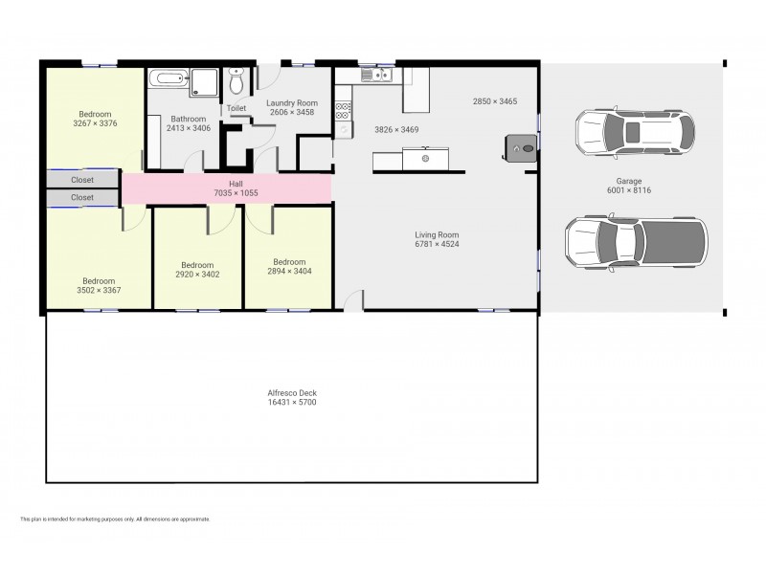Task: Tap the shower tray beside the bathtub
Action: point(204,82)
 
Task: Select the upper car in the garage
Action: point(634,132)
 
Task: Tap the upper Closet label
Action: point(82,180)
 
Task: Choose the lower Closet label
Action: point(82,198)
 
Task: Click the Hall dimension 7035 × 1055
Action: point(236,193)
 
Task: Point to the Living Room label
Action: point(437,234)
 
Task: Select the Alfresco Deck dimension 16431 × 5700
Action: point(292,403)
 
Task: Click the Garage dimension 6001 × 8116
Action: point(628,190)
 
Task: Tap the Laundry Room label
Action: point(293,102)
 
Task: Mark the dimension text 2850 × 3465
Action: point(496,101)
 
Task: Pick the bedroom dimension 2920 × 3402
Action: point(197,275)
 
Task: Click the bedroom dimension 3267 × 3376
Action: point(96,123)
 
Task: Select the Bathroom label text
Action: point(189,119)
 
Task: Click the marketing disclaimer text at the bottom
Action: point(115,519)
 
